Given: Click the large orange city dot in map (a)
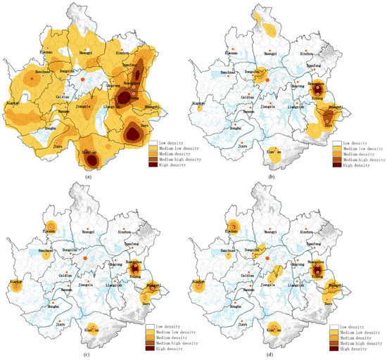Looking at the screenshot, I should pos(82,81).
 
